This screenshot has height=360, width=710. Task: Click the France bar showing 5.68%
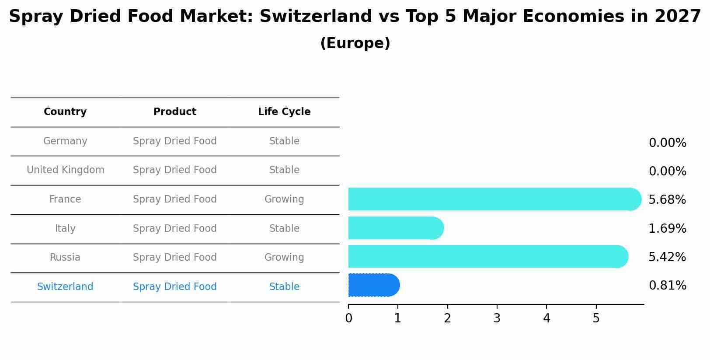(494, 199)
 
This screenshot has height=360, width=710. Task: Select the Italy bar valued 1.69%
(396, 228)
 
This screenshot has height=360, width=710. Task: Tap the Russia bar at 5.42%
(487, 256)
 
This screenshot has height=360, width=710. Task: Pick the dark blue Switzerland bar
(374, 285)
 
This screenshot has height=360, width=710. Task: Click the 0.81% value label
(667, 286)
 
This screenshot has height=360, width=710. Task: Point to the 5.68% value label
(667, 200)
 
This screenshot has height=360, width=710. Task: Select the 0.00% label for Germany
(667, 143)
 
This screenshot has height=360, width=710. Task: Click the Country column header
(65, 112)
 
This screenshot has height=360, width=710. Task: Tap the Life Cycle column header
(284, 112)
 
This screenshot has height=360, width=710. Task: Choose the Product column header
(175, 112)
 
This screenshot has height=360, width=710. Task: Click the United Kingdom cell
(66, 170)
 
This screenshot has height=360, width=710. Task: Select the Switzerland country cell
(65, 287)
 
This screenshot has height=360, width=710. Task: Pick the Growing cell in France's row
(284, 199)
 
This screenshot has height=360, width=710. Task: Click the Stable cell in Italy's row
(284, 229)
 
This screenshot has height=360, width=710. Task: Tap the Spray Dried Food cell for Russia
(175, 258)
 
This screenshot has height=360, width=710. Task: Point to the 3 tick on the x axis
(497, 318)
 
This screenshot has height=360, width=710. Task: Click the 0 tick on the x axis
(348, 318)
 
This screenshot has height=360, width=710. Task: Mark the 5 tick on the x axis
(596, 318)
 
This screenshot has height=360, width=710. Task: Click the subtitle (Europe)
(355, 43)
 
